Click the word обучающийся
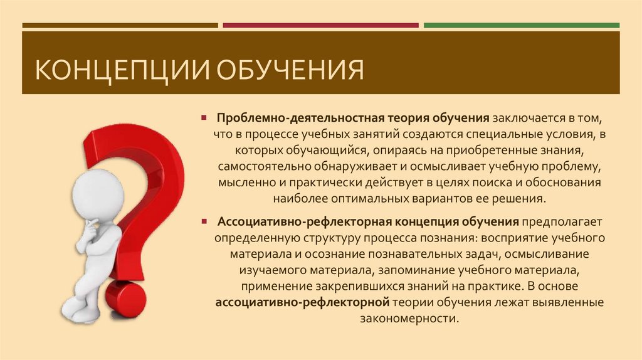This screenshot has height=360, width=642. click(x=335, y=151)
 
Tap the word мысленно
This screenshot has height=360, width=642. click(x=244, y=183)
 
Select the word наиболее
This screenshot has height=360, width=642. click(x=300, y=199)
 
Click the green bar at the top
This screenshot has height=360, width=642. click(x=521, y=26)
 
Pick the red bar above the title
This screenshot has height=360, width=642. click(x=320, y=26)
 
